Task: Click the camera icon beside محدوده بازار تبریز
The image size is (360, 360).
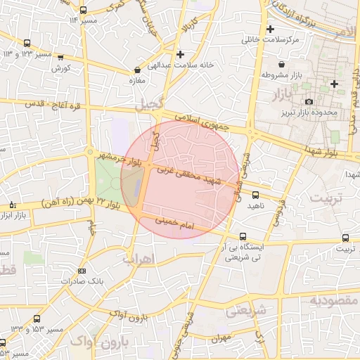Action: tap(309, 102)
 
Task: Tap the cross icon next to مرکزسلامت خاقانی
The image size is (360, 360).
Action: tap(270, 30)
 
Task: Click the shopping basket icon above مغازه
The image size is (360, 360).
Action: tap(136, 70)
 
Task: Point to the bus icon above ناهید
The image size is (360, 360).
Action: tap(255, 195)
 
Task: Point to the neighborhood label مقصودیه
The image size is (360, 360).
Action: tap(334, 301)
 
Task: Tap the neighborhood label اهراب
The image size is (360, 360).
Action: tap(138, 258)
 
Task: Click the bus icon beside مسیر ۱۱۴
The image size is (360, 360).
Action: tap(84, 11)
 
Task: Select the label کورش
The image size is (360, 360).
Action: tap(60, 69)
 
